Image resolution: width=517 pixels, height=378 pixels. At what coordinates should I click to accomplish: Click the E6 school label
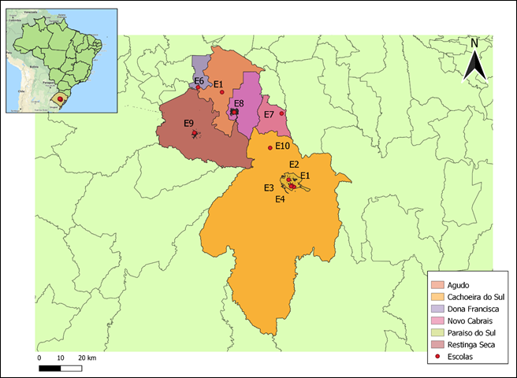(x=199, y=81)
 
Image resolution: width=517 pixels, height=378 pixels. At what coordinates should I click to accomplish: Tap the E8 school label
(x=238, y=104)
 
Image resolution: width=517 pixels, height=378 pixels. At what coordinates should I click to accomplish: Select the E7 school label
(x=269, y=114)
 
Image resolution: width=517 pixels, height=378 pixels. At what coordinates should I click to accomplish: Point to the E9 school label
(x=188, y=123)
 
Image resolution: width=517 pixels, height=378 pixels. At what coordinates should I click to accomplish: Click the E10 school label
(x=283, y=146)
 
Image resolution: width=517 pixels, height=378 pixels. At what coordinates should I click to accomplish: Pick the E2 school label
(x=293, y=164)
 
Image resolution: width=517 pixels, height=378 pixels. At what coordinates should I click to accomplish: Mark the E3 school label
(x=269, y=187)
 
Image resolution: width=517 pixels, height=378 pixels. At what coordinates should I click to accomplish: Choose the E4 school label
(x=279, y=199)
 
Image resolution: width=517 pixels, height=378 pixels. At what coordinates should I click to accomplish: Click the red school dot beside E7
(x=281, y=113)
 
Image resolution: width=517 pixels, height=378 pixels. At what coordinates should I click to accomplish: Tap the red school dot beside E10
(x=270, y=148)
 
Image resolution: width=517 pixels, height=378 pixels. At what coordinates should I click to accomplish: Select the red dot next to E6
(x=198, y=87)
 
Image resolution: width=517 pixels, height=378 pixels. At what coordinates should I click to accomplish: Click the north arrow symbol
(x=474, y=66)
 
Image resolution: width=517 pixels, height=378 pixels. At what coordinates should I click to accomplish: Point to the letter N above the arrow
(x=474, y=43)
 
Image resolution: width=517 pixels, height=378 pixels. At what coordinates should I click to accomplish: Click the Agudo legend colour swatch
(x=437, y=284)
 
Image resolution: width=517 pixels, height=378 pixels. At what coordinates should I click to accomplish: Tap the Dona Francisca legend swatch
(x=437, y=309)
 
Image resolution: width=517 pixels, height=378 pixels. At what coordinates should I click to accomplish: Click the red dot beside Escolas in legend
(x=437, y=358)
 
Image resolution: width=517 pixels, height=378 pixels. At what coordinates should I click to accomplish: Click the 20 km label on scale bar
(x=87, y=358)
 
